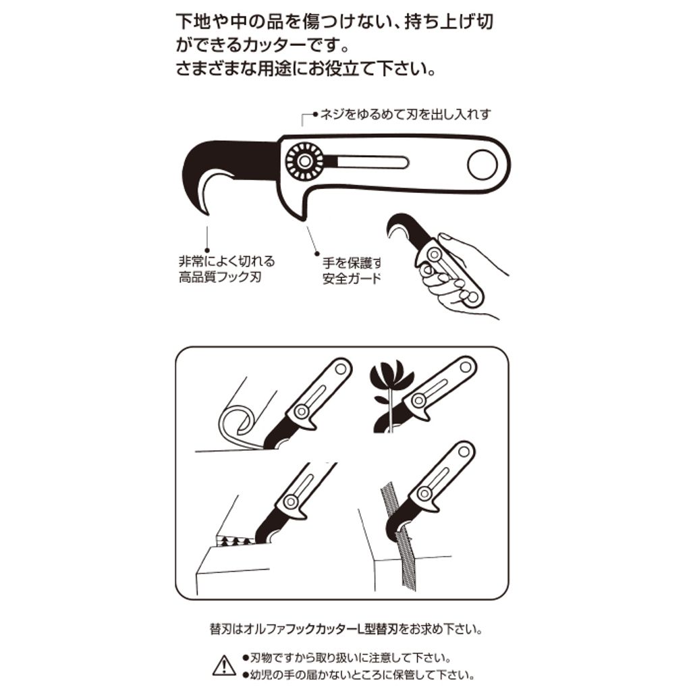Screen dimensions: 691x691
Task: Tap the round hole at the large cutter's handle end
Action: click(482, 165)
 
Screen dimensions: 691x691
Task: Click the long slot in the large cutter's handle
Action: click(371, 163)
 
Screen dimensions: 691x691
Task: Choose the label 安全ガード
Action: click(352, 278)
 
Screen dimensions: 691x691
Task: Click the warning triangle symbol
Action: click(224, 665)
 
